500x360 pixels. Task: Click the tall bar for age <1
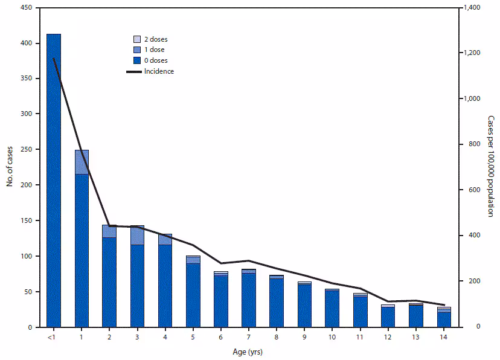click(53, 181)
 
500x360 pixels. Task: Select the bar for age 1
click(82, 242)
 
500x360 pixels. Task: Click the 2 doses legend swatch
click(136, 39)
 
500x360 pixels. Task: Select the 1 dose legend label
click(155, 50)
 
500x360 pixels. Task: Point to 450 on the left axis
click(28, 8)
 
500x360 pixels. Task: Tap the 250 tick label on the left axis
click(28, 150)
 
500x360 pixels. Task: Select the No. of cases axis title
click(11, 166)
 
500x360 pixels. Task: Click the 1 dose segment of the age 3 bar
click(137, 235)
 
